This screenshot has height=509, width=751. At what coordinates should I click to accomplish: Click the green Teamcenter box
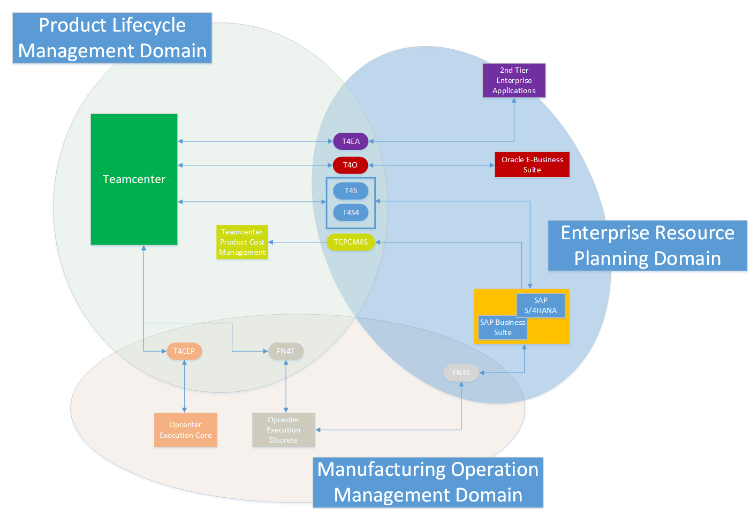(134, 179)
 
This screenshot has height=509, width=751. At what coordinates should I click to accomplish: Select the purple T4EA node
(351, 141)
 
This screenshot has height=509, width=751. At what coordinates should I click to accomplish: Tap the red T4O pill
(351, 165)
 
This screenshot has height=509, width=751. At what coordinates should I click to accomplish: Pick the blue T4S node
(351, 191)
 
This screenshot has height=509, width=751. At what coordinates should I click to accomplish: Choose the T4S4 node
(351, 212)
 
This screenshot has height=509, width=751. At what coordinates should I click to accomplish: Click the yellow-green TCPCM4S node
(351, 242)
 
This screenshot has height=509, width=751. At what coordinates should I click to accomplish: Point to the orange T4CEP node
(184, 351)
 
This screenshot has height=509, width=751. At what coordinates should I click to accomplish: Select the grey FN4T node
(286, 351)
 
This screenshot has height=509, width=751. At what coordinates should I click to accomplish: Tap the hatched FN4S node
(461, 373)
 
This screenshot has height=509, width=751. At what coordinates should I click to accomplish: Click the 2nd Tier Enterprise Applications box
(514, 80)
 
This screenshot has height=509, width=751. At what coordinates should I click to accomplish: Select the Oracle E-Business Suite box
(532, 164)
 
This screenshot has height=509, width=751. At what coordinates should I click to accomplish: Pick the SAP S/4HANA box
(541, 305)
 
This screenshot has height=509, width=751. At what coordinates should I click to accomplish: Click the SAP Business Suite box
(503, 328)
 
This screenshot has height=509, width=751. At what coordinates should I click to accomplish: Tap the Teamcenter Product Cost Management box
(242, 242)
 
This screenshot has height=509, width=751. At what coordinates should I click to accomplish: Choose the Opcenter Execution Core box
(185, 430)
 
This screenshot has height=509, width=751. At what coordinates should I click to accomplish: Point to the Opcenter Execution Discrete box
(284, 430)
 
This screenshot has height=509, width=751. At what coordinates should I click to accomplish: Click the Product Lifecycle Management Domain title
(112, 38)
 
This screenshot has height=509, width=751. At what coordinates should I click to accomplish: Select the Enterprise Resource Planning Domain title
(647, 246)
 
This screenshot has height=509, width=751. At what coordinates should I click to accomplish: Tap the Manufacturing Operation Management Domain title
(428, 482)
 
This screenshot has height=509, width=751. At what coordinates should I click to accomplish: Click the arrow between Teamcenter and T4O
(255, 165)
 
